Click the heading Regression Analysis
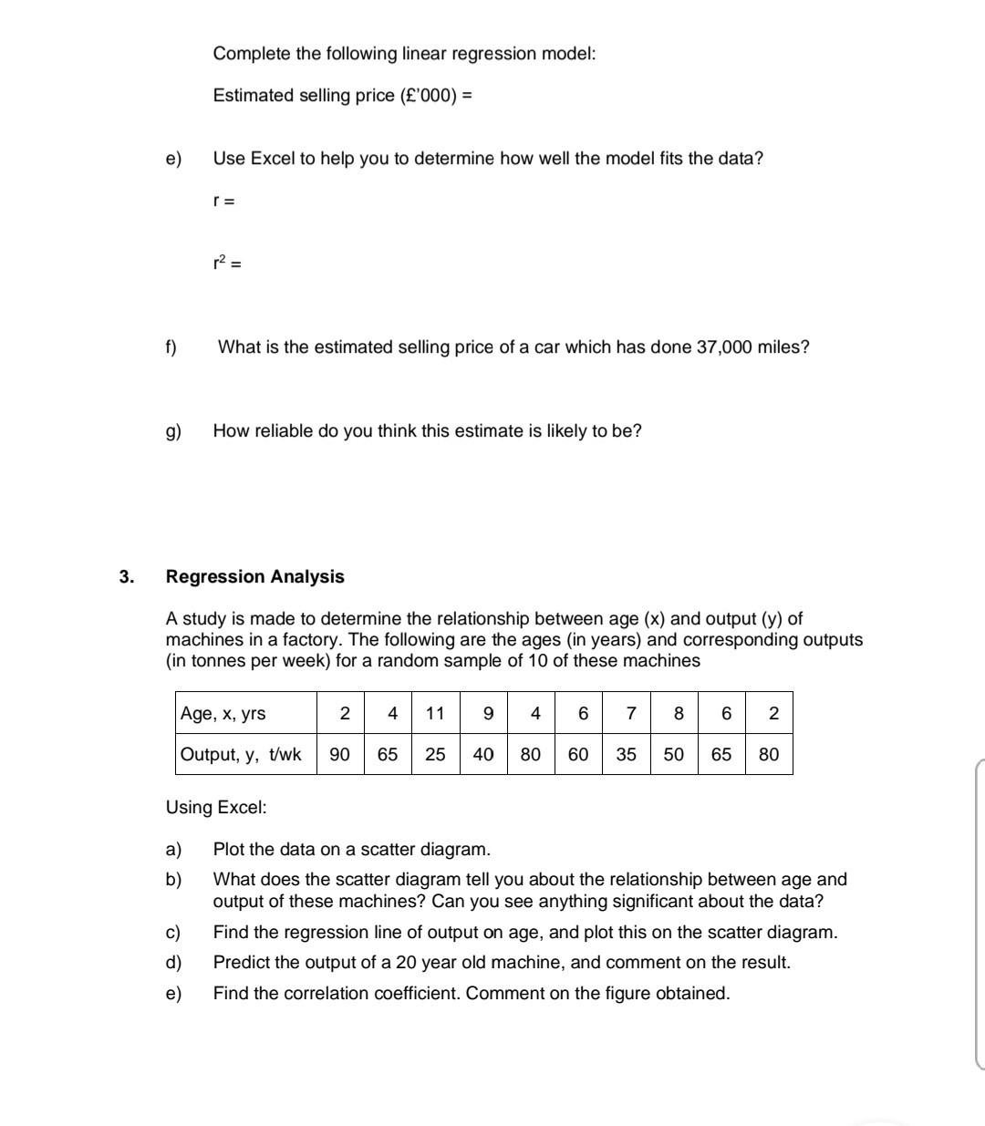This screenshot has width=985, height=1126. point(254,576)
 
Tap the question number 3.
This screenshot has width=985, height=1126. point(126,576)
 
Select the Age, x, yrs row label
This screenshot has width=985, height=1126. point(223,713)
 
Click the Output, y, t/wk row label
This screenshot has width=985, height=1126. point(241,754)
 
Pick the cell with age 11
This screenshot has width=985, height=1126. point(435,713)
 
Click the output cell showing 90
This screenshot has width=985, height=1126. point(339,754)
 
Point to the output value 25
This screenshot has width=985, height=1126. point(435,754)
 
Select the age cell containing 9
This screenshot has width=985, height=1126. point(488,713)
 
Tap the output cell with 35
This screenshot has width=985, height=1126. point(626,754)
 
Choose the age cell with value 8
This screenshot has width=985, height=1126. point(678,713)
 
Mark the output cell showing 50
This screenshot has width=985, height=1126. point(673,754)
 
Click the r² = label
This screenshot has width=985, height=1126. point(226,263)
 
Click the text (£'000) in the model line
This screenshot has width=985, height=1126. point(428,96)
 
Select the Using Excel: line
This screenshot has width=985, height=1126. point(216,807)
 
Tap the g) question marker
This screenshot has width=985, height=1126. point(172,431)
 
